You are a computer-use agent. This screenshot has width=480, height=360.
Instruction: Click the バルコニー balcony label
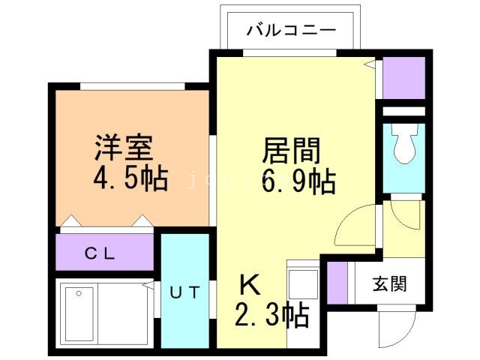click(291, 31)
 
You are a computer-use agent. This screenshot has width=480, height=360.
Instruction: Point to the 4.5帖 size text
click(130, 181)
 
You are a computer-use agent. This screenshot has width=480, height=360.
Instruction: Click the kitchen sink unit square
click(304, 285)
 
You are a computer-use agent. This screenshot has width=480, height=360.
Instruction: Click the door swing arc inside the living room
click(354, 225)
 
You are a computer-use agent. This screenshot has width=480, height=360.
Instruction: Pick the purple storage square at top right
click(403, 77)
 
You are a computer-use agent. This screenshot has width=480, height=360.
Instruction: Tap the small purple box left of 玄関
click(337, 283)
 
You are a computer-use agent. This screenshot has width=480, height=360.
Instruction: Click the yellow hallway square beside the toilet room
click(403, 225)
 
